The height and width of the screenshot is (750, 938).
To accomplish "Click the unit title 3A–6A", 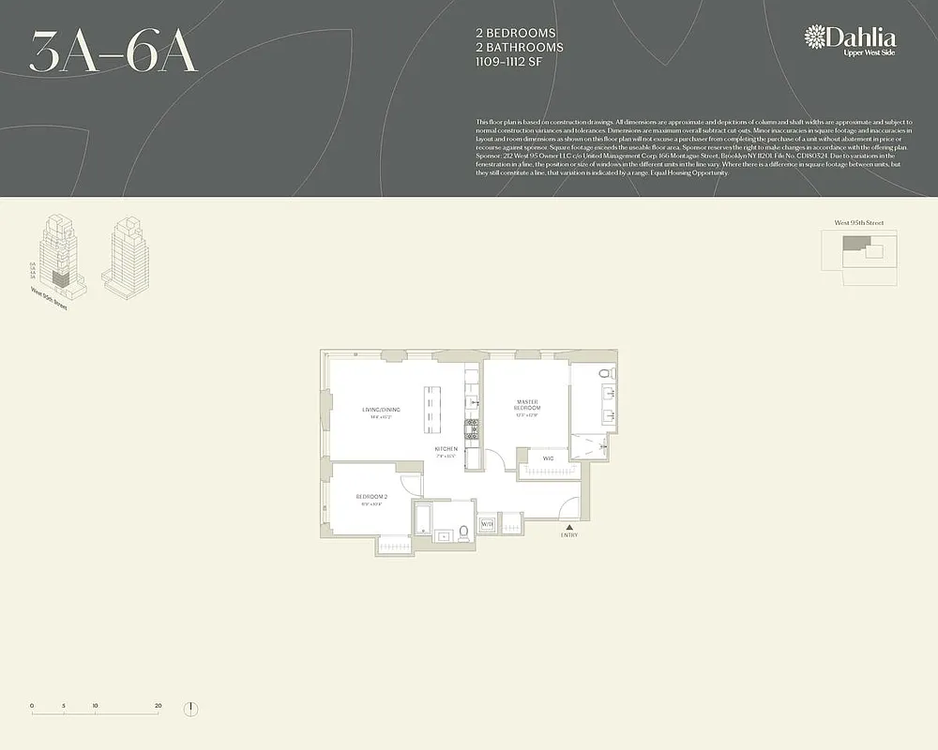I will (x=113, y=52).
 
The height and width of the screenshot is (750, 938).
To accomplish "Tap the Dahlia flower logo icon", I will (x=815, y=37).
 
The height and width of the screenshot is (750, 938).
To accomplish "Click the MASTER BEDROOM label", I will (x=526, y=405).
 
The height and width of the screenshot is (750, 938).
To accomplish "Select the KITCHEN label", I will (x=446, y=450).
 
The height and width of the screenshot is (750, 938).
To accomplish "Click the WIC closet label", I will (x=548, y=458).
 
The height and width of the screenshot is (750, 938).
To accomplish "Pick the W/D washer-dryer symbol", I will (x=487, y=525).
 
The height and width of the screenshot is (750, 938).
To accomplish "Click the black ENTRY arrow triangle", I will (x=569, y=527).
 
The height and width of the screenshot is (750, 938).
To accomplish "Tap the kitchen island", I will (x=432, y=409).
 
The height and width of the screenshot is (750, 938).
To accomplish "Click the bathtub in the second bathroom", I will (x=423, y=520).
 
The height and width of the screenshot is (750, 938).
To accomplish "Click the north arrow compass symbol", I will (x=190, y=708).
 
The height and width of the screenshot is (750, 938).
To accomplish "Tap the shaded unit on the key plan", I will (x=851, y=243).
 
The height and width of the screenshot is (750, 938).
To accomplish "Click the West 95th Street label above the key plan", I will (x=858, y=223).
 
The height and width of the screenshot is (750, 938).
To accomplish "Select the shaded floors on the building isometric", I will (x=59, y=277).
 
